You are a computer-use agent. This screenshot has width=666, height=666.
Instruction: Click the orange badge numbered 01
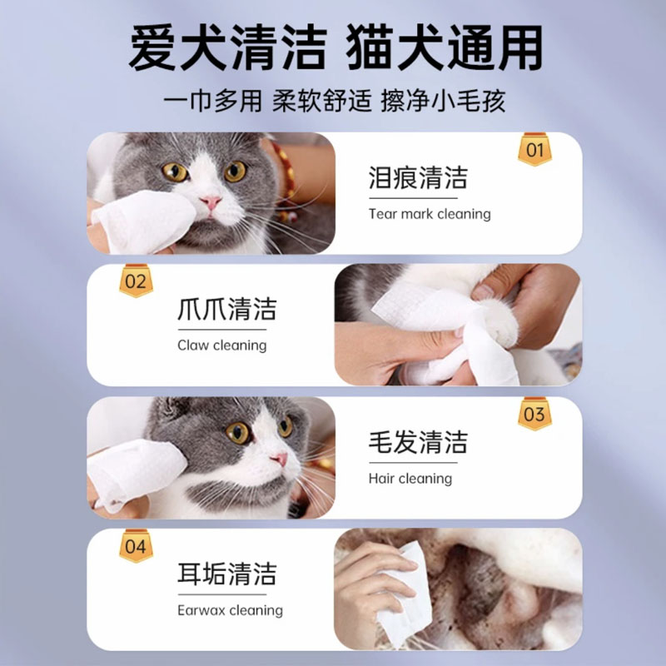click(x=534, y=151)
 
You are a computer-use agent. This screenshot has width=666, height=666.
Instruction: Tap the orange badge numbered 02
click(x=135, y=281)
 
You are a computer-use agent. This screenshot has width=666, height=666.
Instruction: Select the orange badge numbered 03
click(x=534, y=414)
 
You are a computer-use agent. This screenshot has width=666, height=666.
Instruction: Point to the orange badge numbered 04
click(x=135, y=546)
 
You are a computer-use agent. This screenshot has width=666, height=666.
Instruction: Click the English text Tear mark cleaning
click(x=430, y=214)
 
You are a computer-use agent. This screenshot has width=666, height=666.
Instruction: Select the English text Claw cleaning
click(x=221, y=345)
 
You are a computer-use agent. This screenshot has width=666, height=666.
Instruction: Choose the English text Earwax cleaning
click(x=230, y=610)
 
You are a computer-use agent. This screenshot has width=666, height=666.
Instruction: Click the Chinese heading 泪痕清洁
click(x=418, y=177)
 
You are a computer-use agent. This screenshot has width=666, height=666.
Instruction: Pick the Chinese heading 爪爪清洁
click(x=226, y=310)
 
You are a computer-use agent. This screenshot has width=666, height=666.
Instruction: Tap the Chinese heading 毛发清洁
click(x=418, y=442)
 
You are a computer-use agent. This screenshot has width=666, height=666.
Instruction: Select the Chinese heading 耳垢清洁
click(x=226, y=574)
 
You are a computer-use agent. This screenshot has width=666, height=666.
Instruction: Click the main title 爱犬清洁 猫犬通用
click(x=333, y=47)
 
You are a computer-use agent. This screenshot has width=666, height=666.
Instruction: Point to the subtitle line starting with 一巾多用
click(x=333, y=102)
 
